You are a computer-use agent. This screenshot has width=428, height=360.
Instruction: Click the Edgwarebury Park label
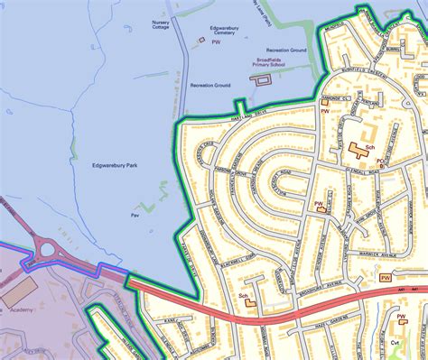pyautogui.click(x=113, y=165)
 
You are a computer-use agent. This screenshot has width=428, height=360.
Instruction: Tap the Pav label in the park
pyautogui.click(x=135, y=216)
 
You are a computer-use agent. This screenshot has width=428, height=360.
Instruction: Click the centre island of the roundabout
pyautogui.click(x=46, y=250)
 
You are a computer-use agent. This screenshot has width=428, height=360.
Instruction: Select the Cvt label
pyautogui.click(x=395, y=343)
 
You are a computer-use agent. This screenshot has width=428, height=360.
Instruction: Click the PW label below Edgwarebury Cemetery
pyautogui.click(x=215, y=42)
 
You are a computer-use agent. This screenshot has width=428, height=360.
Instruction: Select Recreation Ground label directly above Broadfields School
pyautogui.click(x=286, y=50)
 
